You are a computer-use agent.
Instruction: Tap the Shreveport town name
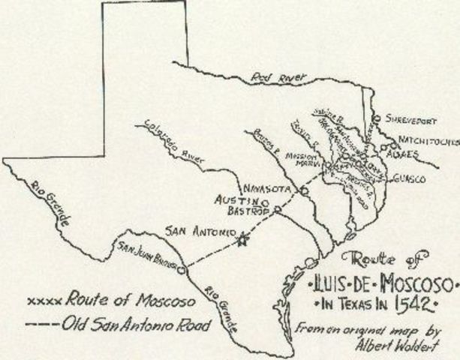tap(409, 118)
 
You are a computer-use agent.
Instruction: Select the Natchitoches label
tap(425, 139)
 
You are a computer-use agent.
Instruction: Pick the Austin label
tap(238, 202)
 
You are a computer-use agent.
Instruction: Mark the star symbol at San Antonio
tap(241, 241)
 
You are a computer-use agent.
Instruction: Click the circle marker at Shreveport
tap(376, 118)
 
